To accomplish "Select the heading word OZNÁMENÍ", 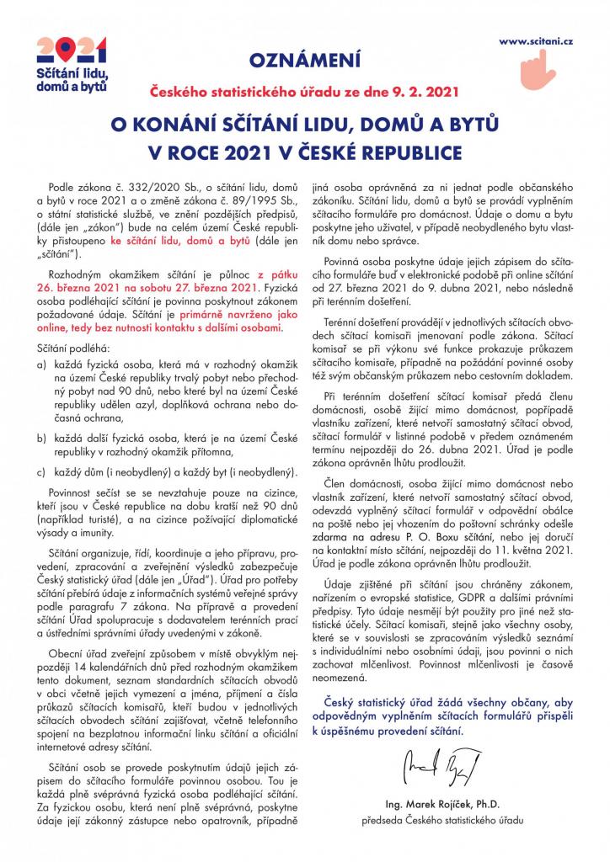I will tap(305, 60).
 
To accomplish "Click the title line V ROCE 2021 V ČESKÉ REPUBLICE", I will tap(305, 153).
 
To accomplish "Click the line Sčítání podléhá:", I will tap(72, 347).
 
